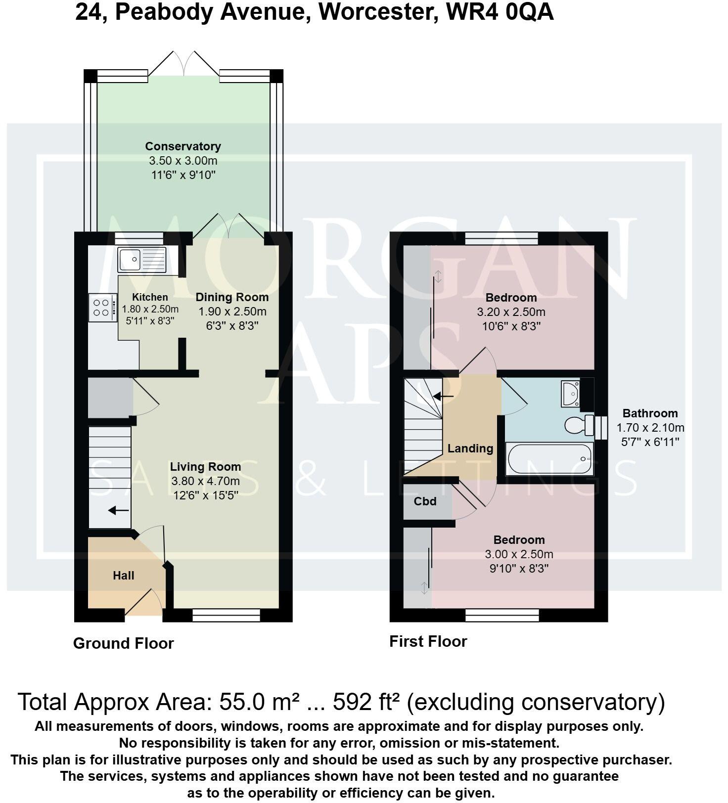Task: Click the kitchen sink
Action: tap(142, 260)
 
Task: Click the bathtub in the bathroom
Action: tap(549, 459)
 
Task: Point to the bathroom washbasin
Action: tap(571, 394)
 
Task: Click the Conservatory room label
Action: tap(183, 146)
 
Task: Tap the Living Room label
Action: tap(205, 467)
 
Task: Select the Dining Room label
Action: tap(232, 297)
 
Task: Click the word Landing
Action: tap(470, 448)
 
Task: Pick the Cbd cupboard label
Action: tap(425, 501)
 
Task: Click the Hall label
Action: tap(124, 576)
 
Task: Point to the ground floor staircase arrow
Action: tap(118, 510)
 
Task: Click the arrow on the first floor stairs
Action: tap(443, 396)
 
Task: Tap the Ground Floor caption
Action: tap(124, 643)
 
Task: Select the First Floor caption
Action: tap(428, 641)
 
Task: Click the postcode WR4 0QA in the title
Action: tap(500, 12)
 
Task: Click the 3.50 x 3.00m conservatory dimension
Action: tap(183, 161)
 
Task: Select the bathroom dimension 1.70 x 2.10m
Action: tap(650, 428)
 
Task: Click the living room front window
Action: tap(226, 615)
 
